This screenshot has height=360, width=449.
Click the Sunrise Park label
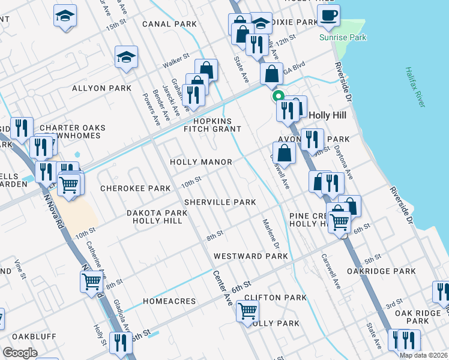click(x=351, y=37)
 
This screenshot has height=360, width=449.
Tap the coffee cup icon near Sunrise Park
click(x=328, y=16)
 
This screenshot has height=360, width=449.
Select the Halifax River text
click(x=415, y=87)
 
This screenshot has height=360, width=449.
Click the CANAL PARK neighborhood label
click(x=170, y=25)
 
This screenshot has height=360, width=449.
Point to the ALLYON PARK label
click(x=101, y=88)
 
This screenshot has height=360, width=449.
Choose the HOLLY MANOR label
click(x=200, y=162)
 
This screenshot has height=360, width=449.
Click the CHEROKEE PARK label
click(x=136, y=188)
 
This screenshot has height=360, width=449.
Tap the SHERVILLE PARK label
click(x=220, y=202)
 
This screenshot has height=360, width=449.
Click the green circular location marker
click(x=277, y=95)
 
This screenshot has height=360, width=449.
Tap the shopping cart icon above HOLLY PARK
click(x=247, y=311)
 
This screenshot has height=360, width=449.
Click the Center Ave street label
click(x=222, y=289)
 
